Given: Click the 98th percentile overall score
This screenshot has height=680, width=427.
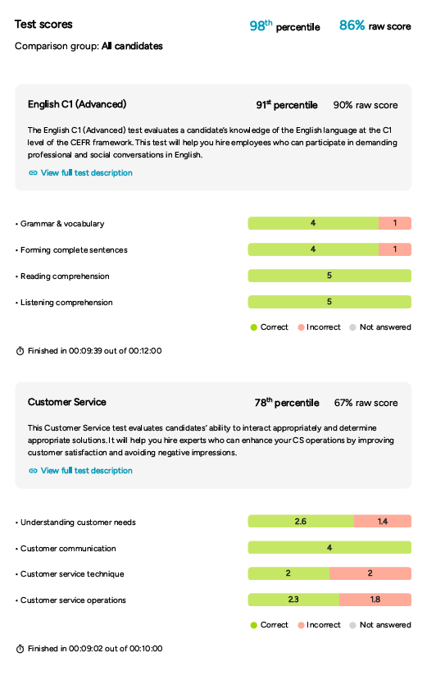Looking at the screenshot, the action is coord(284,25).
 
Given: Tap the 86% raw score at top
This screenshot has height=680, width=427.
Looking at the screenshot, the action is coord(375,25).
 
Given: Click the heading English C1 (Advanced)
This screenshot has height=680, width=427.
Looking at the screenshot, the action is coord(77,104).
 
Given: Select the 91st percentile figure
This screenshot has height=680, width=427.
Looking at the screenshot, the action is coord(287,105).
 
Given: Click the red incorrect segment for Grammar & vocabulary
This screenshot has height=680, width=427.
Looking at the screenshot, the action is coord(395,223).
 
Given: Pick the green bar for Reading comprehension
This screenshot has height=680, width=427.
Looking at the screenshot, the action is coord(329,276).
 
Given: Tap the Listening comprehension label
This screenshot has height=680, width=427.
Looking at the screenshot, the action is coord(66,303).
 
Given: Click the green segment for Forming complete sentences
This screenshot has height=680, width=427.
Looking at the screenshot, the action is coord(313,249).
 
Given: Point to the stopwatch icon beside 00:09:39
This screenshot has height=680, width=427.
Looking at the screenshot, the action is coord(20,351).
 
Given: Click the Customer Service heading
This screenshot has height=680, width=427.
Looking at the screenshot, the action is coord(66,402).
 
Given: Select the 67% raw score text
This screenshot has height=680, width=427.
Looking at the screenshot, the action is coord(366,403).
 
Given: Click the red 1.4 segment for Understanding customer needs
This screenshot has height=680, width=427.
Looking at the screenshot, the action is coord(383,521).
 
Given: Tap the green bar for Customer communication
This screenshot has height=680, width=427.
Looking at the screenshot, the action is coord(329,547).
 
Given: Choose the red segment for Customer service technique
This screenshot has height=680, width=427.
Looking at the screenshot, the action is coord(370,573).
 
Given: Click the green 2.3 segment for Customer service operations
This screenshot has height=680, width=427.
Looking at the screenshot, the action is coord(293,600).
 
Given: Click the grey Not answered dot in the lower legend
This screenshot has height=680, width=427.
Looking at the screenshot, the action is coord(353,625).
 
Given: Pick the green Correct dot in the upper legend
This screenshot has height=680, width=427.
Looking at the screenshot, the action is coord(254,327).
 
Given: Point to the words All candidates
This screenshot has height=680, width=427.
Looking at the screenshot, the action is coord(132,46).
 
